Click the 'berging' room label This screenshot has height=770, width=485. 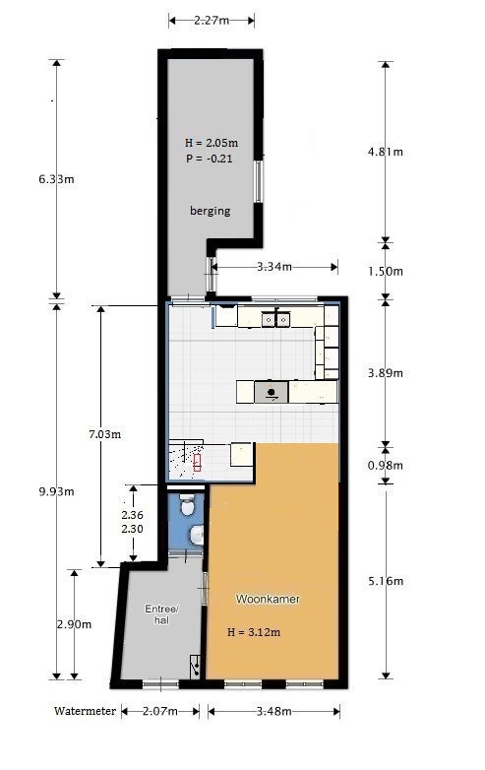coord(210,211)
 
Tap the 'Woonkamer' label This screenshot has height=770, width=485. coord(268,599)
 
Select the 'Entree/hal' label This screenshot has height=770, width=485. coord(161,614)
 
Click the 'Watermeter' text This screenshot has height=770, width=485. coord(85,711)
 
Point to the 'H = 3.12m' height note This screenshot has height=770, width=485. coord(254,632)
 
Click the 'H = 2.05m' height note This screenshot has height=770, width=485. coord(212,143)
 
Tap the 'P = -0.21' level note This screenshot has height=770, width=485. coord(210,159)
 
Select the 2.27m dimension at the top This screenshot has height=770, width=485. coord(212,20)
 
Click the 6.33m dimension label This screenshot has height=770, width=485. coord(56,179)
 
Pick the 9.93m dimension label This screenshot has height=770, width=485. coord(56,491)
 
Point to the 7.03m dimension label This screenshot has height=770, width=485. coord(105,434)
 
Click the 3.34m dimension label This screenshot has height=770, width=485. coord(274,267)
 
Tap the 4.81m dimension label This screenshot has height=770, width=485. coord(386,152)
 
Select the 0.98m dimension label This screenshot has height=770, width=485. coord(386,465)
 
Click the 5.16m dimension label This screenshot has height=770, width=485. coord(386,581)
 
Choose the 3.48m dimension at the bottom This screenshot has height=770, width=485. coord(273,711)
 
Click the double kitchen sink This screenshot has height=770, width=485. coord(275,320)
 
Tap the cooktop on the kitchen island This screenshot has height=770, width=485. coord(271,392)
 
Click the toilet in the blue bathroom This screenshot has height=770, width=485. coord(186,505)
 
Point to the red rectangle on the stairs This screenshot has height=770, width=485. coord(197,463)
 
